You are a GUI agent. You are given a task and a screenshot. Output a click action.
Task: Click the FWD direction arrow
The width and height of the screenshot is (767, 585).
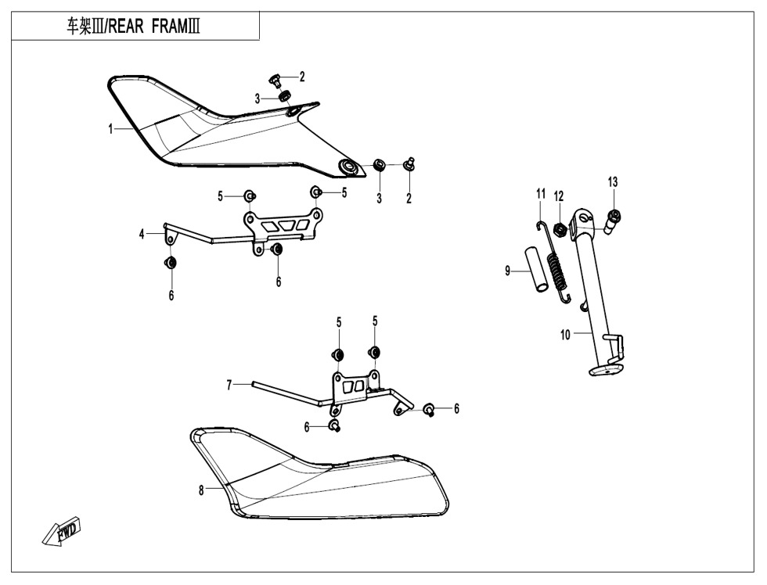[62, 531]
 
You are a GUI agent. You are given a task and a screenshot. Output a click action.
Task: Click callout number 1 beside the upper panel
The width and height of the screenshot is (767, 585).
[110, 129]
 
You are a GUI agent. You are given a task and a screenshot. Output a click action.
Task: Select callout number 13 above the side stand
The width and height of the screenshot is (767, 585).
[613, 182]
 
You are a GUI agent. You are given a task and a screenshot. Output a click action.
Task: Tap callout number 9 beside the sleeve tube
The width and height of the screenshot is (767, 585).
[508, 271]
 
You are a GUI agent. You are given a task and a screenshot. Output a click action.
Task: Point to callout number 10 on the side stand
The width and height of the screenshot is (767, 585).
[565, 335]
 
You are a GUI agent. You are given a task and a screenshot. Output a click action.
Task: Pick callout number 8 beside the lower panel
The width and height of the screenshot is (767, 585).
[201, 490]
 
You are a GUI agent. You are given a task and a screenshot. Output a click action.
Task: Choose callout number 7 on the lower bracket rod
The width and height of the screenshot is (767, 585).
[229, 386]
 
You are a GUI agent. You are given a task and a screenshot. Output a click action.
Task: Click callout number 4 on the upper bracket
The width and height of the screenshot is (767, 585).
[142, 235]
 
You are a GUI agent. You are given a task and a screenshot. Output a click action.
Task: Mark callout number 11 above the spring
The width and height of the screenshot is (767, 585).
[541, 193]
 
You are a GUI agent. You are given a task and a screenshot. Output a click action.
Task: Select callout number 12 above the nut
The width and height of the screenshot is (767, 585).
[559, 196]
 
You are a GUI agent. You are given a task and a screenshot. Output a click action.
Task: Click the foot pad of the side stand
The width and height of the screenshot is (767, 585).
[607, 370]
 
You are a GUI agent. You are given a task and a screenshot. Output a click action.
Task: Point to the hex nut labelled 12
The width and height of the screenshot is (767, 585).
[560, 228]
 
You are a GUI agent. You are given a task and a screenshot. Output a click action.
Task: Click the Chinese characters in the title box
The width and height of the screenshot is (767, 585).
[79, 27]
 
